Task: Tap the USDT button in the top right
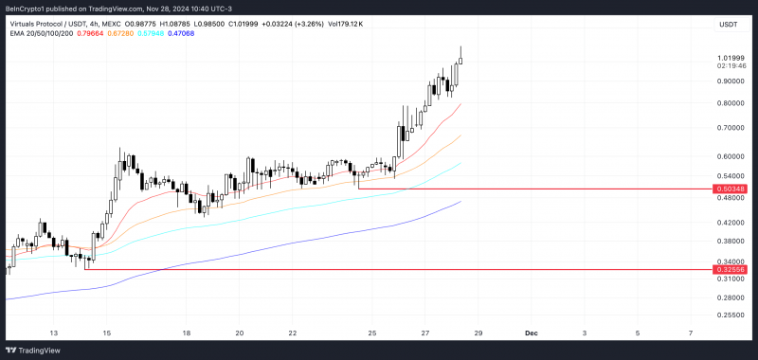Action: (x=729, y=26)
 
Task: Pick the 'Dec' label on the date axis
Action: (x=532, y=333)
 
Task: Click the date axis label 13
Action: (x=54, y=333)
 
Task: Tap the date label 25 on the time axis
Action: (x=371, y=333)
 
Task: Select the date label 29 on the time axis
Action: (x=478, y=333)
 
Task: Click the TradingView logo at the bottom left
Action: (x=33, y=351)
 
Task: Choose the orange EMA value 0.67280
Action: (x=121, y=33)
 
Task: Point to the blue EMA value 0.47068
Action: (x=181, y=33)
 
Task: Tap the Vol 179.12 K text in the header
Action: (x=346, y=25)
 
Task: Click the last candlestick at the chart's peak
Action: (x=460, y=61)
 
